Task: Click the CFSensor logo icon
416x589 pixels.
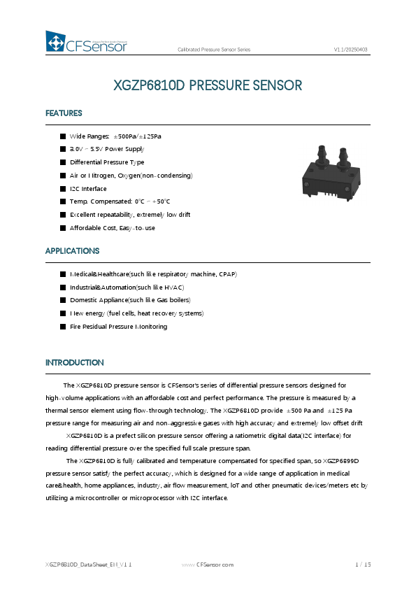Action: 55,41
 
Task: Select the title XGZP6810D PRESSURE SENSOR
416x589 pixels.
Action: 208,85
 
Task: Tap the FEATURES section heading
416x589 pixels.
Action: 64,113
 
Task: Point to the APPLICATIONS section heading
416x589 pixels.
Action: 72,250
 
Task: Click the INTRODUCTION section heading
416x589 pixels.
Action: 74,362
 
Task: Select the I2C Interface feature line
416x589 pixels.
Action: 88,189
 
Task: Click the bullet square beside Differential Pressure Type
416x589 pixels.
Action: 62,162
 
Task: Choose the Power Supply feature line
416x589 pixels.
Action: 107,149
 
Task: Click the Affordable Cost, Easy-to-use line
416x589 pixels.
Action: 112,228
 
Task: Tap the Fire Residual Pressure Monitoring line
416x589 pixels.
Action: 118,327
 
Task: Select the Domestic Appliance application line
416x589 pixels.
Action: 120,300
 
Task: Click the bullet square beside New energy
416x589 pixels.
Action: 62,313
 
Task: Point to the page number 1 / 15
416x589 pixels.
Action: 362,564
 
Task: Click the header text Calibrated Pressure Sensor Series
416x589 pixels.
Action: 214,50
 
